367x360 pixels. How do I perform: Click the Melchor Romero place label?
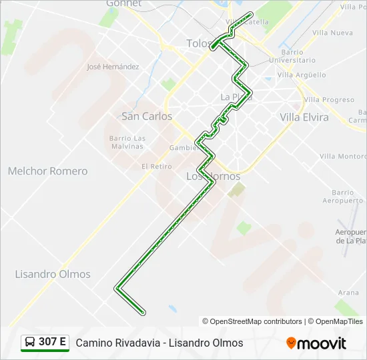tap(47, 171)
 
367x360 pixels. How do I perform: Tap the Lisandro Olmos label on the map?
tap(53, 274)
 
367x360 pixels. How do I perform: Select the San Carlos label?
tap(147, 116)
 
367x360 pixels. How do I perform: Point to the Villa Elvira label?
tap(304, 117)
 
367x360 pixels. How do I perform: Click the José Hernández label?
tap(113, 67)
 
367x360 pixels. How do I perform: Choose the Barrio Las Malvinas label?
tap(127, 143)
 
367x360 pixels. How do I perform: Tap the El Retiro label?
tap(156, 167)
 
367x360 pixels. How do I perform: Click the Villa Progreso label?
tap(329, 100)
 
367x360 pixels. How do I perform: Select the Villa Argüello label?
tap(302, 75)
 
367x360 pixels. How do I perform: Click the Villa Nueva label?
tap(332, 33)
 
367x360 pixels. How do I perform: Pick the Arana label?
tap(348, 293)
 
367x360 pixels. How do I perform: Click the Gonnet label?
tap(124, 4)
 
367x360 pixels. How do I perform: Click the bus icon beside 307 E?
tap(31, 343)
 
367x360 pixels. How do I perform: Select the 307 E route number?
tap(52, 343)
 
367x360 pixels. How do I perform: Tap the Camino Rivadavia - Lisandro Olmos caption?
tap(159, 343)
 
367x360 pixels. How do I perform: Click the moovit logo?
tap(316, 343)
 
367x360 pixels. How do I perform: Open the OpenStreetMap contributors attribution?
tap(256, 321)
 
